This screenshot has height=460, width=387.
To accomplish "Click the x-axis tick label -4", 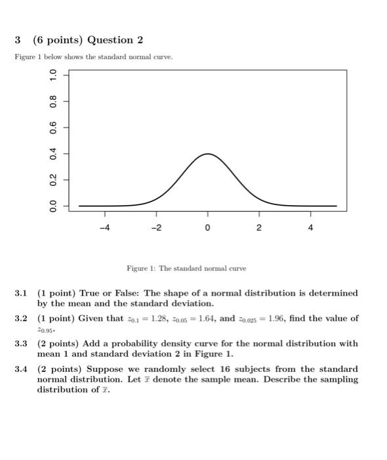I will (x=104, y=228).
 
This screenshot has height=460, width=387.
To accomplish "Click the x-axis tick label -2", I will (x=156, y=228).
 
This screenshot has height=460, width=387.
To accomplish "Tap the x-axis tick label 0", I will (x=208, y=228).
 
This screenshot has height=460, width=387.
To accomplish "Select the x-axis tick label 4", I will (x=311, y=228).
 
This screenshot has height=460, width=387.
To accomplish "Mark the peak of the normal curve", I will (x=208, y=154).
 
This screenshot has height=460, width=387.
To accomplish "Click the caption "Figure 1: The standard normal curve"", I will (x=187, y=268).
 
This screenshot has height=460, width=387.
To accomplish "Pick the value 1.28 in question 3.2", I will (x=152, y=319).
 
